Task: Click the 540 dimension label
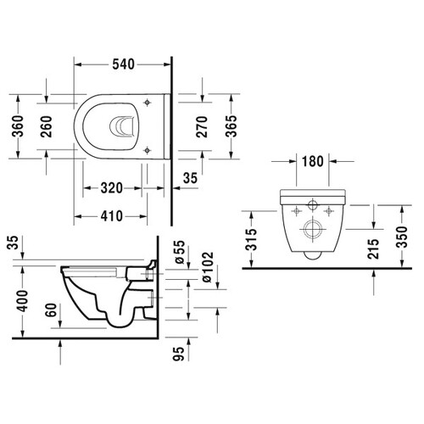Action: coord(123,64)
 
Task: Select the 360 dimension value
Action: coord(18,126)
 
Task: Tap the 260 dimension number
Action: coord(46,126)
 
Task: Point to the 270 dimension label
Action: coord(202,126)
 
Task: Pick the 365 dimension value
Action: coord(232,126)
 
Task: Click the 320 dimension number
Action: coord(112,188)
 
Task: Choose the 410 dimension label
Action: coord(112,216)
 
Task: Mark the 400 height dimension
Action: coord(22,301)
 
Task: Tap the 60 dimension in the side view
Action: coord(52,310)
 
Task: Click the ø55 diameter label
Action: coord(180,252)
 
